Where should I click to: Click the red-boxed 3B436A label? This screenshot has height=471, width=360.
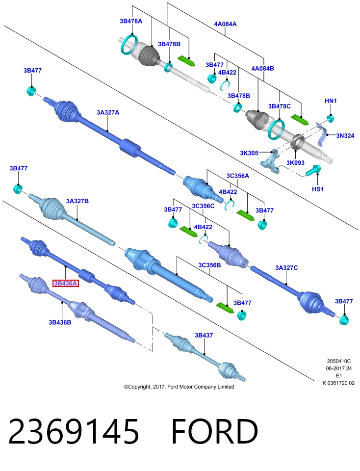(65, 283)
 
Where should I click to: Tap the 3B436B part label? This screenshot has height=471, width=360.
(60, 322)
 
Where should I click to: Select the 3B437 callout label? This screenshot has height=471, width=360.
(204, 335)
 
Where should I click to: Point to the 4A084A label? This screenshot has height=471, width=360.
(225, 24)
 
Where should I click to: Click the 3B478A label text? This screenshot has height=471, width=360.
(131, 21)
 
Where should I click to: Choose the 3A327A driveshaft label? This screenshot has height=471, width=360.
(108, 112)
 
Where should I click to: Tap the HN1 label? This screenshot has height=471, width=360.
(331, 101)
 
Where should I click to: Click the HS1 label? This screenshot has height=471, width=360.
(318, 189)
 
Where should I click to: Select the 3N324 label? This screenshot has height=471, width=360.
(345, 136)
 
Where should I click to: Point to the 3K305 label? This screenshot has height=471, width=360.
(249, 153)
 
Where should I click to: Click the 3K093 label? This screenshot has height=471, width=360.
(295, 163)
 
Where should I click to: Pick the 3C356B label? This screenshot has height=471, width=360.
(209, 265)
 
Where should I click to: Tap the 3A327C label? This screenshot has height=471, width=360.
(286, 268)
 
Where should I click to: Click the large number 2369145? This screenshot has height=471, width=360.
(74, 431)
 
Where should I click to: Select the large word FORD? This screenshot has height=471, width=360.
(215, 431)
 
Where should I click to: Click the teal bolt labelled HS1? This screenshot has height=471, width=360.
(313, 171)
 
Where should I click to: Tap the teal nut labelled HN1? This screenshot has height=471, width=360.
(331, 118)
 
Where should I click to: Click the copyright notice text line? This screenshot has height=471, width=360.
(179, 387)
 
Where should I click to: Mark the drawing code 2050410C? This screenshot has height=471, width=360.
(339, 362)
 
